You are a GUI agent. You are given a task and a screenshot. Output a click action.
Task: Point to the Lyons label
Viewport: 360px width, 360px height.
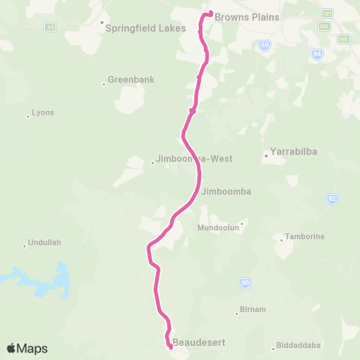coord(43,113)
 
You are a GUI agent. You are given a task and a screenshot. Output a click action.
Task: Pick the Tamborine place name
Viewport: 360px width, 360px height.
coord(305,237)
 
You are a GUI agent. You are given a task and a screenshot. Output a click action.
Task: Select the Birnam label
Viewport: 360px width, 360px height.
coord(252,309)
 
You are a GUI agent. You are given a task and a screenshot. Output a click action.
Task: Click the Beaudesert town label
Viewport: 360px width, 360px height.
coord(199,343)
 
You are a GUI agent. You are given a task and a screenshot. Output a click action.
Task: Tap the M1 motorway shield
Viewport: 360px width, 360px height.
coord(327,13)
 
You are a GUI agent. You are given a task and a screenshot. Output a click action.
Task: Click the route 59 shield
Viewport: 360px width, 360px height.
coord(265,45)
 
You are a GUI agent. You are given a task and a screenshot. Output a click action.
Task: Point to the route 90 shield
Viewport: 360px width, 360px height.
coord(245,282)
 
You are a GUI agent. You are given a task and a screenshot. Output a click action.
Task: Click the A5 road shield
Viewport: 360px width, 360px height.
coord(51,27)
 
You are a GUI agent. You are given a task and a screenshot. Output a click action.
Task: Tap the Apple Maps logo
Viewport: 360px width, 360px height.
coord(27,348)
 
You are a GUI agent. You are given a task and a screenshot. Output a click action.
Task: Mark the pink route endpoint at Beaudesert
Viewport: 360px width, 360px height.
coord(170,346)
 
